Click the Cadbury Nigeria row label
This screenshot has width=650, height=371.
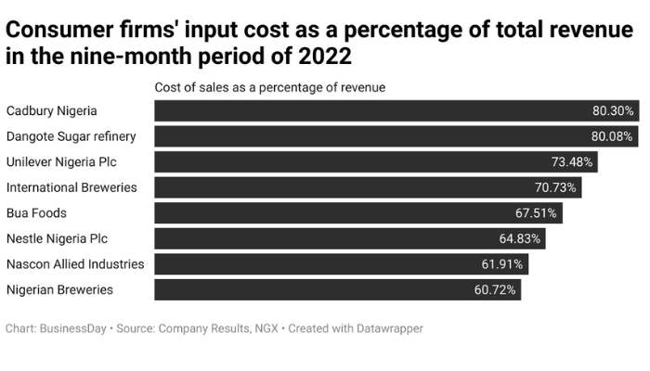click(51, 111)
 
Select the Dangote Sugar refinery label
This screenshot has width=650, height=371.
click(71, 136)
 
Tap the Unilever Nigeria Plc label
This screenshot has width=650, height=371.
click(61, 162)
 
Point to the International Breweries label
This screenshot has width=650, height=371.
click(71, 187)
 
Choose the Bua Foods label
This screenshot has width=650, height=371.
click(36, 213)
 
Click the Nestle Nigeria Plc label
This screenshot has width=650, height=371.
click(57, 238)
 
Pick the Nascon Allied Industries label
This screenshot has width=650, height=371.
click(75, 264)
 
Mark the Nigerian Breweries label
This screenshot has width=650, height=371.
click(59, 289)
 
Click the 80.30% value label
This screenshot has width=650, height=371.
click(613, 111)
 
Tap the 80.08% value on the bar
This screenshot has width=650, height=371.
click(611, 136)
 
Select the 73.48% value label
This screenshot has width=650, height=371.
click(572, 162)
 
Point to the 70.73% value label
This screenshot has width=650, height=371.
click(555, 187)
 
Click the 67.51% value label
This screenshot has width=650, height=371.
click(536, 213)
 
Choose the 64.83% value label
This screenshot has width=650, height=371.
click(520, 238)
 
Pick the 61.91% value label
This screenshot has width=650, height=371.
click(502, 264)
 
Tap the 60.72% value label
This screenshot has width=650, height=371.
click(495, 289)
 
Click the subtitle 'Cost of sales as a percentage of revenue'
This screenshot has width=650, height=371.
click(269, 87)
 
